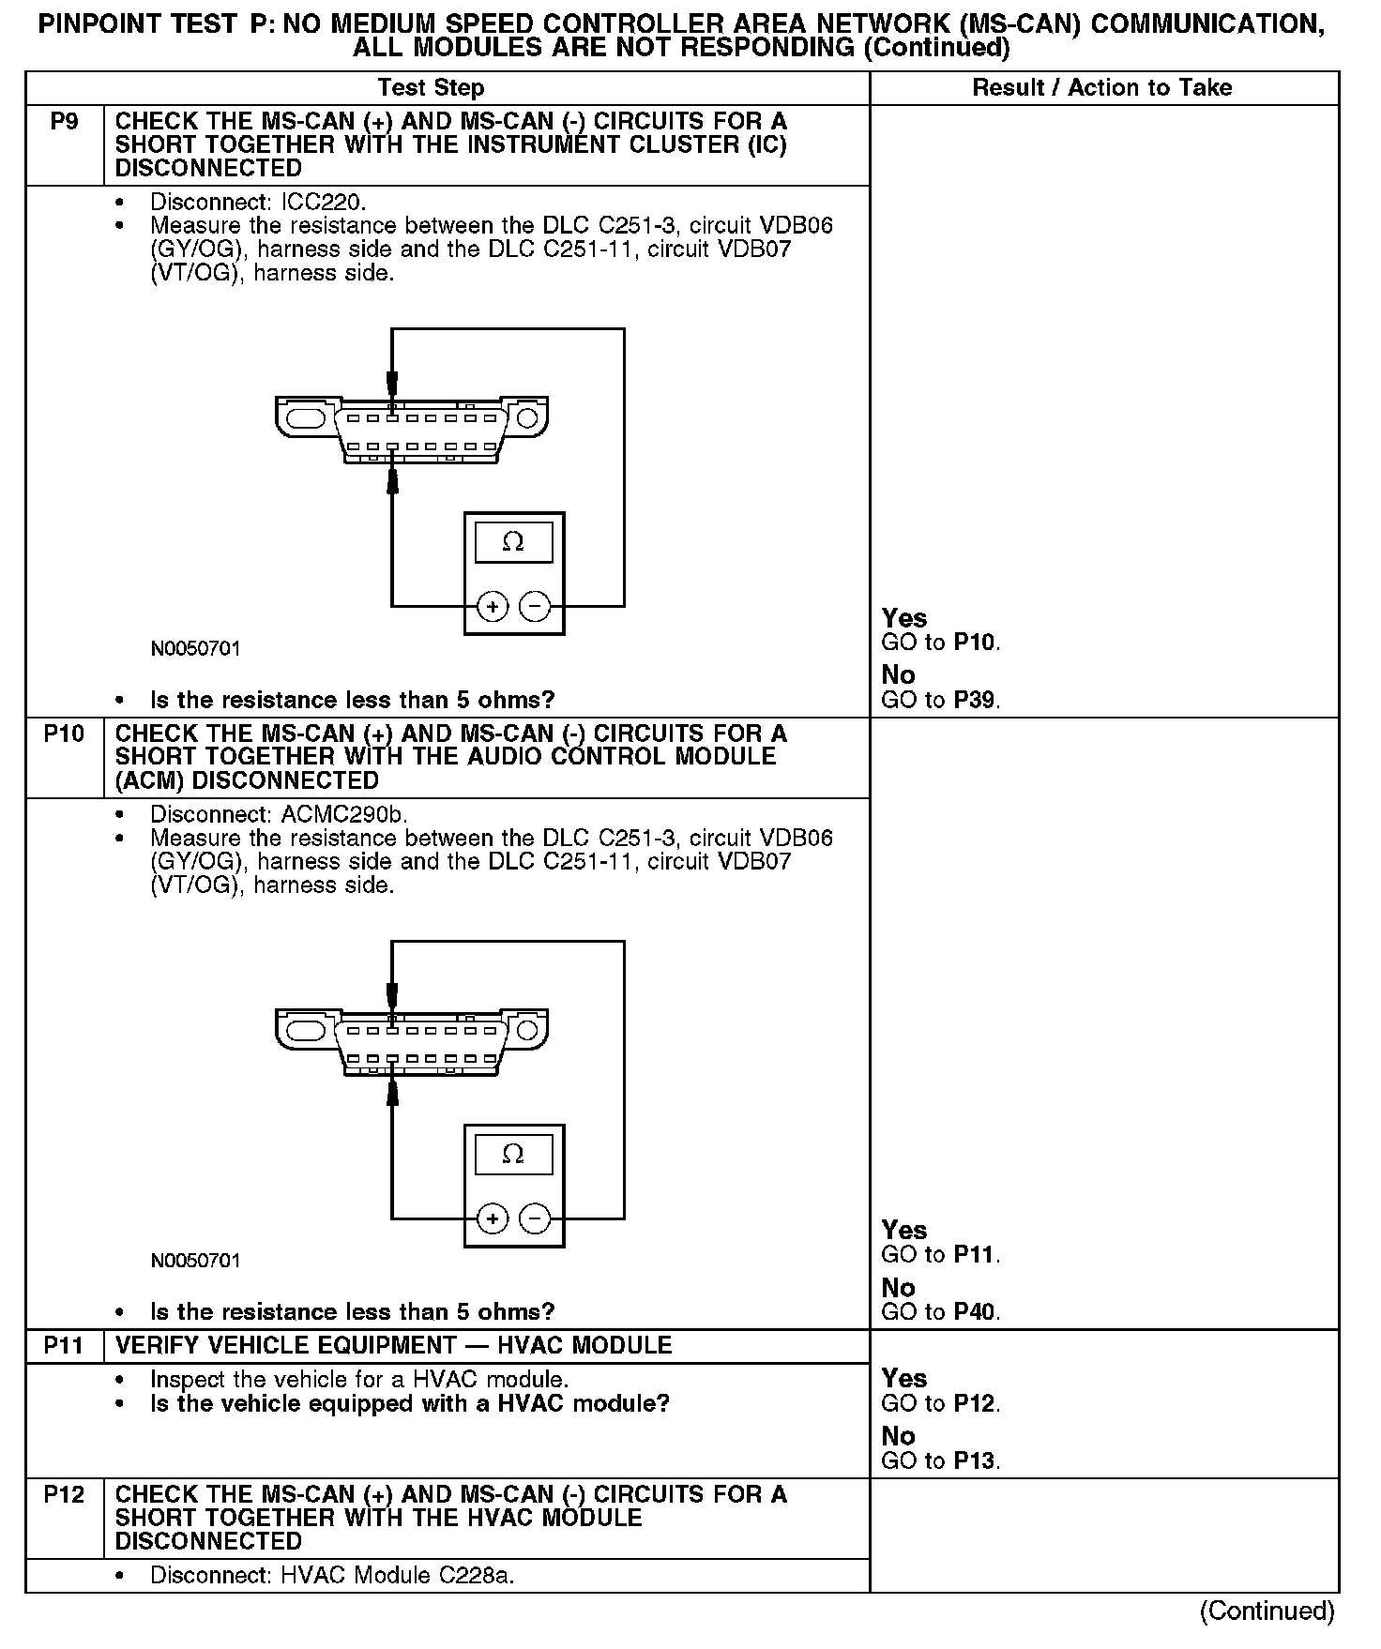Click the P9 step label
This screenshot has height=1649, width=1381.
(x=64, y=122)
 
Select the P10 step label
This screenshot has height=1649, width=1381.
(x=64, y=734)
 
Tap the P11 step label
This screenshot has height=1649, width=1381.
(x=64, y=1346)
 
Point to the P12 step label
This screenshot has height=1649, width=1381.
(x=64, y=1494)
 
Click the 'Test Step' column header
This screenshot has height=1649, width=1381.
(x=431, y=88)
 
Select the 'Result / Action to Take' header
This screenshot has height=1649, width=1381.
(x=1101, y=88)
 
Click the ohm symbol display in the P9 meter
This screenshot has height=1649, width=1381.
(x=513, y=542)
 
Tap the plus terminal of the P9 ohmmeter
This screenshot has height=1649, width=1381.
(x=493, y=607)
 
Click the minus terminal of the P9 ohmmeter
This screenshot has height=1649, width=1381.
(x=535, y=607)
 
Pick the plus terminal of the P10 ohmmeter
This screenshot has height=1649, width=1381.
(x=493, y=1218)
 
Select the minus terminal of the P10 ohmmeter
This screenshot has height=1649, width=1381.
(x=535, y=1218)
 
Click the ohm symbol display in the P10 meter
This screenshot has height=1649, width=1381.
(x=513, y=1154)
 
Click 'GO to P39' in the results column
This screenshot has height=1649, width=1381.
(x=940, y=700)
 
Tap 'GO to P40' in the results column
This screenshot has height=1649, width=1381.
(x=940, y=1311)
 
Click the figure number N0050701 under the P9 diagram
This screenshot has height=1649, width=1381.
(x=195, y=649)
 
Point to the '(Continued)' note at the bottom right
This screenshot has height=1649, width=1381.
(x=1267, y=1611)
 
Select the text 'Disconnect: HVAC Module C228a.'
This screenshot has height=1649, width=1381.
(x=332, y=1575)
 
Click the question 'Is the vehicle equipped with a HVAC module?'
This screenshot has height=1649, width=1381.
(x=410, y=1403)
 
